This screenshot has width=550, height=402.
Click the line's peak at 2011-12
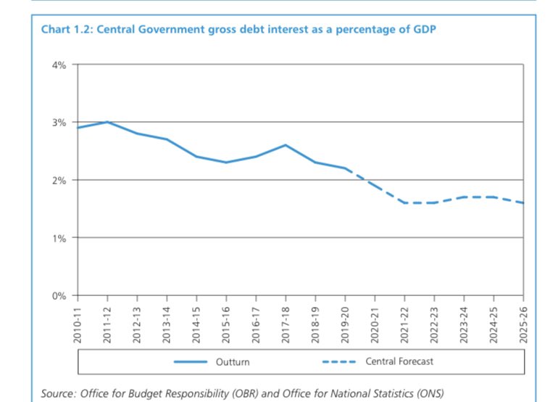107,122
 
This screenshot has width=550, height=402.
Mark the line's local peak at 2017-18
286,145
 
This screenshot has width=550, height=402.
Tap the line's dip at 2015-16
226,162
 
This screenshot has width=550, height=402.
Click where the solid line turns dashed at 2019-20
345,168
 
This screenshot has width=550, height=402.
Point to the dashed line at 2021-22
404,202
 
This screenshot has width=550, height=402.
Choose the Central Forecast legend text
399,361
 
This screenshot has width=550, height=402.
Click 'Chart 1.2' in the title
66,30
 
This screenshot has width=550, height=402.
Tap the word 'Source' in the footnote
58,393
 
